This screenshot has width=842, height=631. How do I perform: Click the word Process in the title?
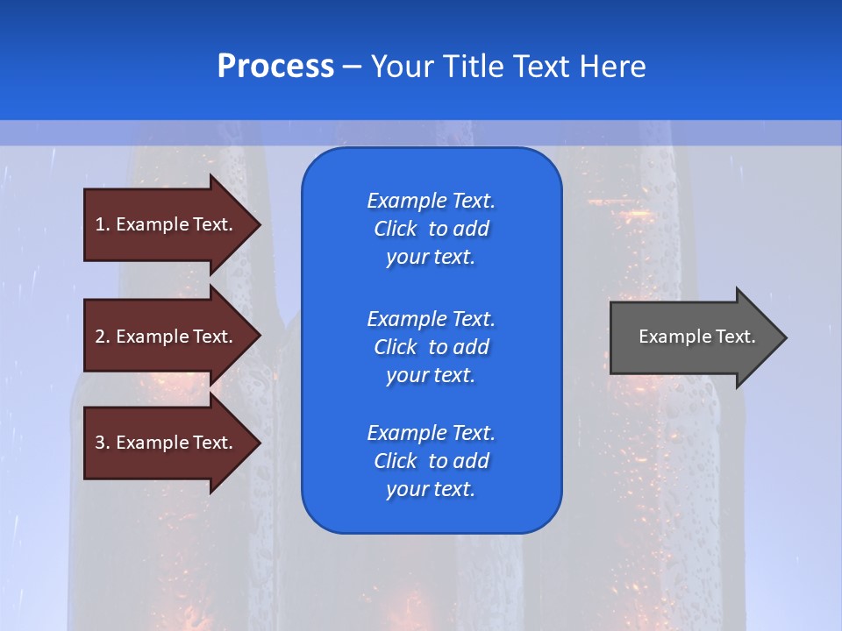(x=275, y=67)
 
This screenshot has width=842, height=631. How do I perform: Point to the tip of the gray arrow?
(x=784, y=337)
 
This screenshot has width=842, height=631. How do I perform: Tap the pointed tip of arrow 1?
(x=258, y=224)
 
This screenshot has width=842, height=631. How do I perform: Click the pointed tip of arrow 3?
(x=258, y=443)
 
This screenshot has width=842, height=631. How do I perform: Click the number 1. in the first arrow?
(x=103, y=224)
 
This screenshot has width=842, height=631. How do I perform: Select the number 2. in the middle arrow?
(x=103, y=337)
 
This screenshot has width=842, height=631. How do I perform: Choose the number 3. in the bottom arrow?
(x=103, y=443)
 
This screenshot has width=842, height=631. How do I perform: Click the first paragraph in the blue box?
(x=431, y=229)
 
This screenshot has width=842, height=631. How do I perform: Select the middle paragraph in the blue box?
(x=431, y=347)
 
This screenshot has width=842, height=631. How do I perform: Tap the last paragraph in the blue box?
(x=431, y=461)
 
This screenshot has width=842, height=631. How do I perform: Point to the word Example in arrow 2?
(x=152, y=337)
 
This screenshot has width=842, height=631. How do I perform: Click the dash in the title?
(x=352, y=67)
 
